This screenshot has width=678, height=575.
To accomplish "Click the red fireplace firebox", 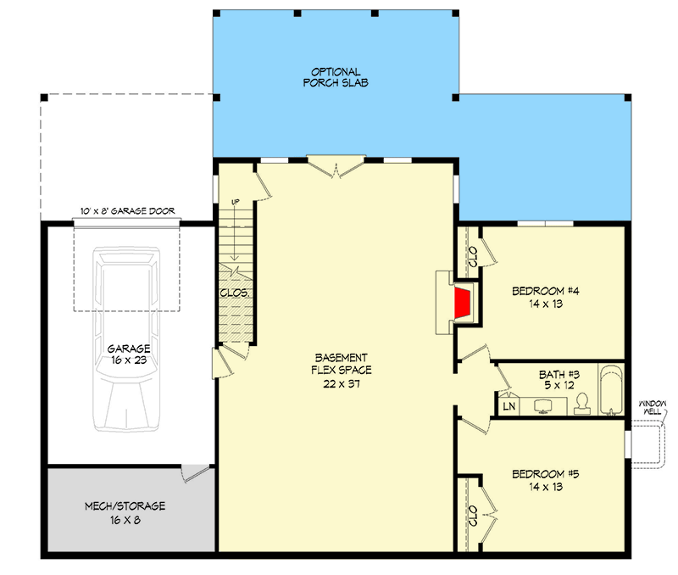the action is coord(462,303).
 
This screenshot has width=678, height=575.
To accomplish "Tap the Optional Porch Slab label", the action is coord(336,77).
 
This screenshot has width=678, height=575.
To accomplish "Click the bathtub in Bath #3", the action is coord(611,390).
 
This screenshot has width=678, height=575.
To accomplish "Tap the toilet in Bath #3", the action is coord(582,405).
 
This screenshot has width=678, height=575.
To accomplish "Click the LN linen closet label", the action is coord(509,406).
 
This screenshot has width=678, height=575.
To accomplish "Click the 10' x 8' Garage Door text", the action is coord(128,211).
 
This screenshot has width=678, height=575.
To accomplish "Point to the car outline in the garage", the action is coord(126,338).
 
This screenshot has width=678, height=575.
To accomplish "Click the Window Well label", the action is coord(653,408).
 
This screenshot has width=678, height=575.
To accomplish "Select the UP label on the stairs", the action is coord(236,202).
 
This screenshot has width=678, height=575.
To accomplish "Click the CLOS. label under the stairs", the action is coord(235,293).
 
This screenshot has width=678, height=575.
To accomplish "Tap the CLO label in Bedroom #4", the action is coord(473,257).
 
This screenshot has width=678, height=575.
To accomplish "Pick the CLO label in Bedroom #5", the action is coord(473,516).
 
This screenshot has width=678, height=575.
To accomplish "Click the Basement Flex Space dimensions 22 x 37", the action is coord(342,384).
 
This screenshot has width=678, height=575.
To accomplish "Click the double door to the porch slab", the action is coord(336,166).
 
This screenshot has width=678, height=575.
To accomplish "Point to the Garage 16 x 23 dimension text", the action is coord(129,360).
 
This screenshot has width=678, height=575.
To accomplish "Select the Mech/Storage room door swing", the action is coord(195,473).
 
